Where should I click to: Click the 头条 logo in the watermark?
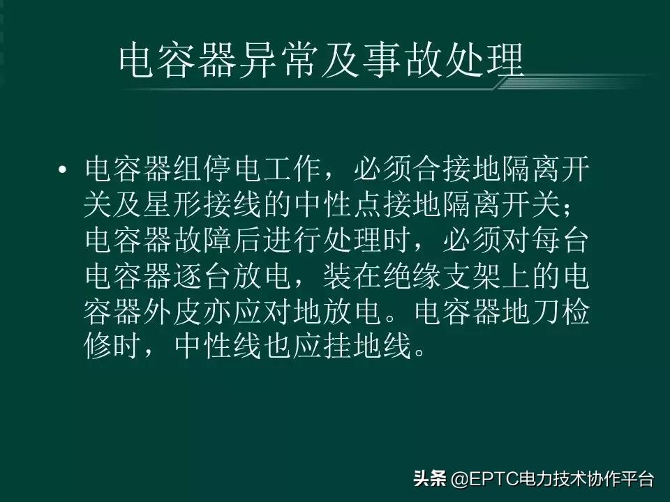click(429, 478)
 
